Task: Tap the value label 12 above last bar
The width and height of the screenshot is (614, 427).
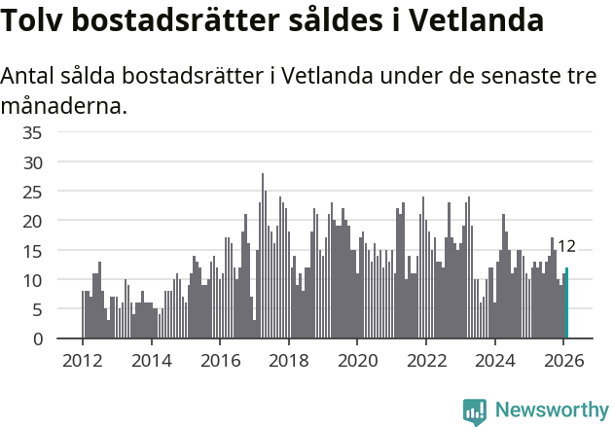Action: pos(567,246)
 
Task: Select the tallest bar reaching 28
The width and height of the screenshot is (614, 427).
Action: pos(263,256)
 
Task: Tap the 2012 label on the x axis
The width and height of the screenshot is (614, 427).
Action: pos(82,360)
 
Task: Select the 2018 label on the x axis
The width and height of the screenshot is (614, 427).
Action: pos(288,360)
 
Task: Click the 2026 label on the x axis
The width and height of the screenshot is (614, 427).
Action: pos(563,360)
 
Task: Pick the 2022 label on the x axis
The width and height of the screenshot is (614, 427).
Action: pos(426,360)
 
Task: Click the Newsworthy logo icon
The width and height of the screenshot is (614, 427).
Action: pos(475,410)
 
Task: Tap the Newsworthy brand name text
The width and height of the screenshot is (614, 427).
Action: pos(551,410)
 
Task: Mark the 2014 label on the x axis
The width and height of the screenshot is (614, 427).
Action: pos(151,360)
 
